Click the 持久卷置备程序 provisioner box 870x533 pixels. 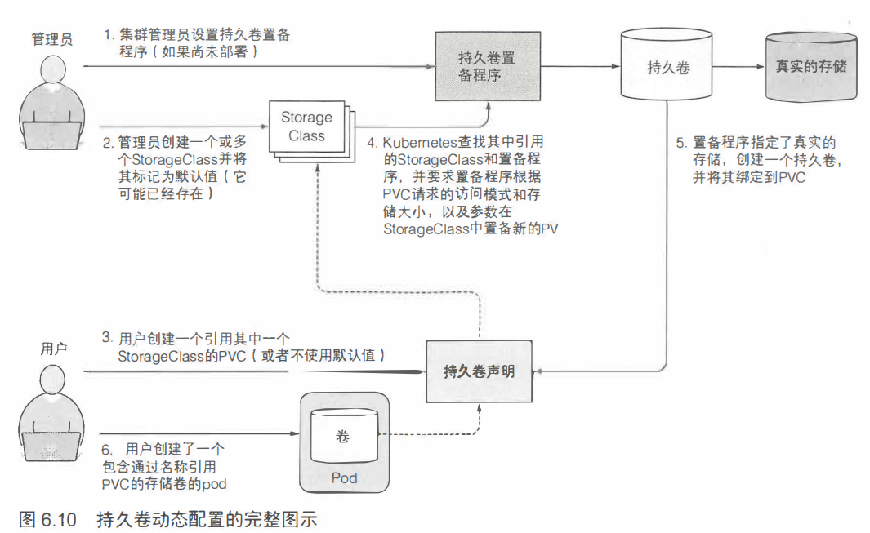point(487,67)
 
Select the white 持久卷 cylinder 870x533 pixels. point(669,67)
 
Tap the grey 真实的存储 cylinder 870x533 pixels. point(810,67)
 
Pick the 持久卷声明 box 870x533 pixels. point(479,372)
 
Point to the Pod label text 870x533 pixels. point(344,477)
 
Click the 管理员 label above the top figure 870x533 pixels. point(51,39)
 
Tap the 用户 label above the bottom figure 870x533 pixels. point(53,349)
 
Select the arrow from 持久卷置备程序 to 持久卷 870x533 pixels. point(580,67)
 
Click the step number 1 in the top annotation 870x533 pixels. point(106,35)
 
